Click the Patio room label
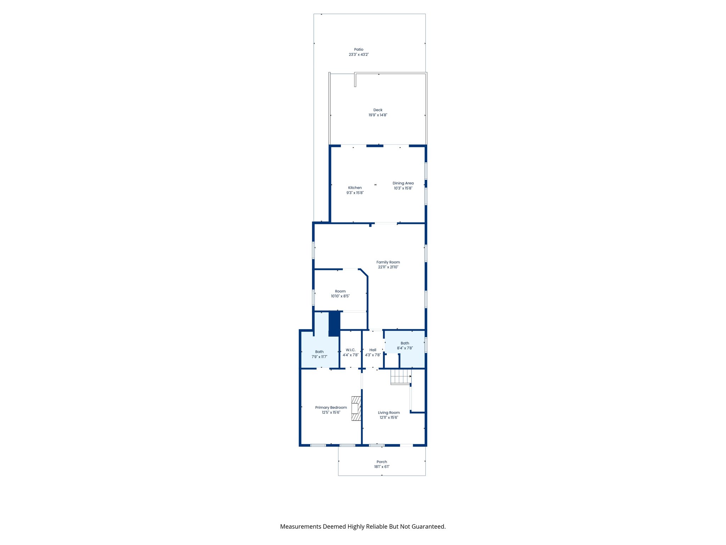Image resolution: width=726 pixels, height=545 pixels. pyautogui.click(x=358, y=50)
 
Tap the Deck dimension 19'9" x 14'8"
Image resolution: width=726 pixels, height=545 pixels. pyautogui.click(x=378, y=115)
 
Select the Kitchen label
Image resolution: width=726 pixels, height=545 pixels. pyautogui.click(x=355, y=188)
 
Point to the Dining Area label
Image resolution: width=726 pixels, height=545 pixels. pyautogui.click(x=403, y=183)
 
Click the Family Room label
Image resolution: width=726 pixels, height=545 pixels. pyautogui.click(x=388, y=262)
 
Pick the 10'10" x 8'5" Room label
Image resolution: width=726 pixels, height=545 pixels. pyautogui.click(x=340, y=291)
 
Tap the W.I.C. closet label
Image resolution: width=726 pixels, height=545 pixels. pyautogui.click(x=350, y=350)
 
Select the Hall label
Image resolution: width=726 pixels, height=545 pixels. pyautogui.click(x=373, y=350)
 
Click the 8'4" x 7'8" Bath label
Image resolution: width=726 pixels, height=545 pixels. pyautogui.click(x=404, y=343)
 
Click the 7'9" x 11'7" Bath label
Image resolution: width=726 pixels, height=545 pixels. pyautogui.click(x=319, y=352)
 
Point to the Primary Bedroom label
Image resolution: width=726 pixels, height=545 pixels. pyautogui.click(x=331, y=407)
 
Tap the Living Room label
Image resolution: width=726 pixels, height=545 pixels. pyautogui.click(x=389, y=412)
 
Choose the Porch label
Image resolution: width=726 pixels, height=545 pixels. pyautogui.click(x=381, y=462)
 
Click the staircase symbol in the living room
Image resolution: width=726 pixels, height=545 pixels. pyautogui.click(x=401, y=377)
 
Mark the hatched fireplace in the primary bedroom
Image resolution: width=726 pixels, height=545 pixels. pyautogui.click(x=356, y=408)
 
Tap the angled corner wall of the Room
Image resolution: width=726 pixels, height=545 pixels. pyautogui.click(x=364, y=273)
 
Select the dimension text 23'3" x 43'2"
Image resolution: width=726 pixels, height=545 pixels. pyautogui.click(x=358, y=55)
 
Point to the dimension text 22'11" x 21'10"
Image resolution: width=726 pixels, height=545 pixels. pyautogui.click(x=388, y=267)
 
